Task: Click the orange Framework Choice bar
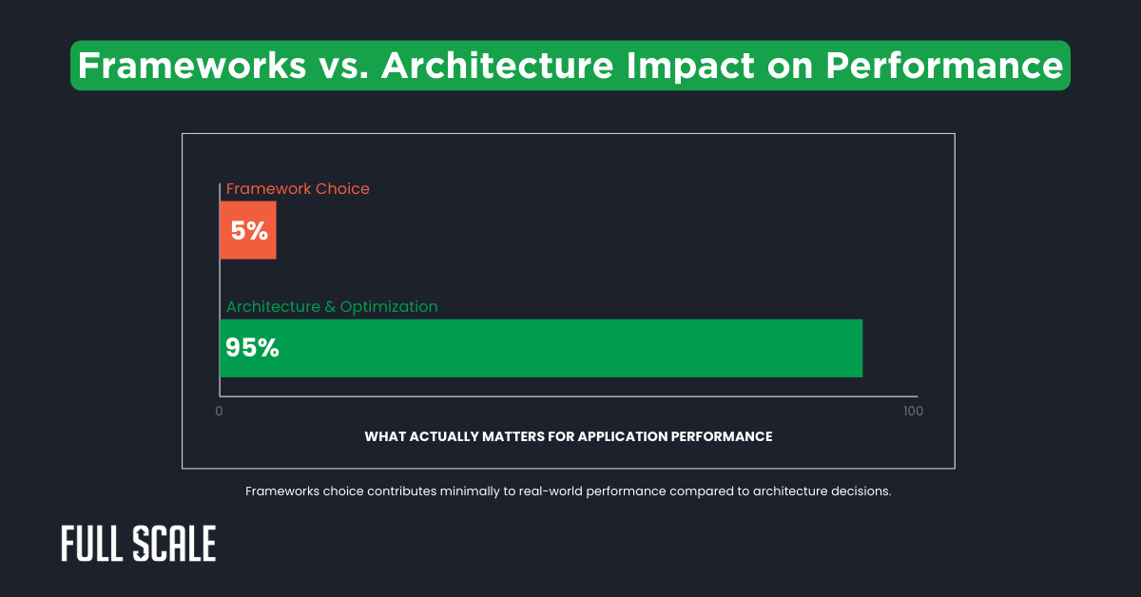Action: point(248,230)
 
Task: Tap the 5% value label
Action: point(249,230)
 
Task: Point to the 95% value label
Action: point(252,348)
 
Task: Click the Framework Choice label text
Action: point(298,188)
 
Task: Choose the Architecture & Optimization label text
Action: point(332,306)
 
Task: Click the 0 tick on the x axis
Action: point(220,412)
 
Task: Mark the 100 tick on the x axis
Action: point(912,412)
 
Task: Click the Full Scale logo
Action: point(139,544)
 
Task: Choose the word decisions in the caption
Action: point(859,492)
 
